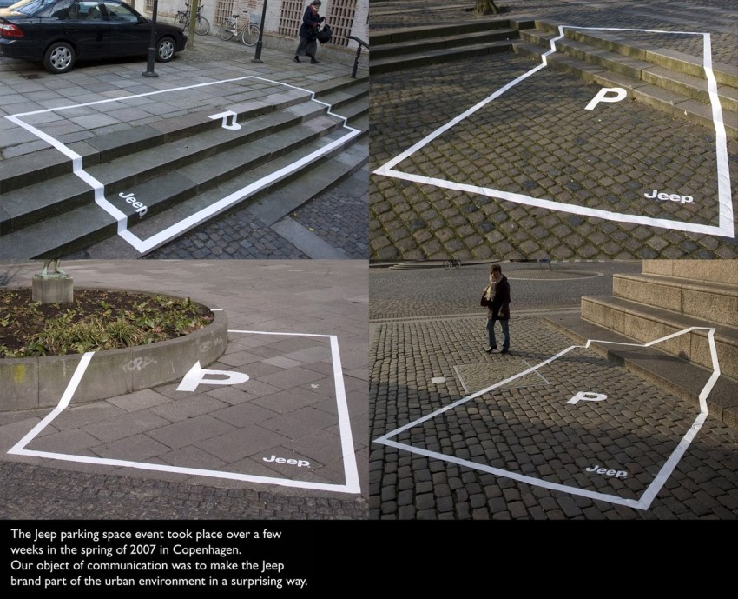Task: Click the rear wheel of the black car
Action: pyautogui.click(x=60, y=57)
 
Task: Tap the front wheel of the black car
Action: pyautogui.click(x=166, y=49)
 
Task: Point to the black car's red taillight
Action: pyautogui.click(x=10, y=30)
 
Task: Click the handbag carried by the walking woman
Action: pyautogui.click(x=325, y=33)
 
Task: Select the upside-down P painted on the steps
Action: pyautogui.click(x=226, y=120)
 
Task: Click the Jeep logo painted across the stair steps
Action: pyautogui.click(x=133, y=203)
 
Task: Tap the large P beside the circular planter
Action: pyautogui.click(x=212, y=376)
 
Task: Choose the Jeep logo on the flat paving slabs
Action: pyautogui.click(x=287, y=461)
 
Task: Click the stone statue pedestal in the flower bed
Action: pyautogui.click(x=53, y=289)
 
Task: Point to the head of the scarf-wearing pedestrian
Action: pyautogui.click(x=495, y=271)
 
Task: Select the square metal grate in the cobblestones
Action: pyautogui.click(x=501, y=376)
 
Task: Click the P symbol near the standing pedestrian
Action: pyautogui.click(x=586, y=397)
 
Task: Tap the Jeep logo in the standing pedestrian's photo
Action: pyautogui.click(x=607, y=471)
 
